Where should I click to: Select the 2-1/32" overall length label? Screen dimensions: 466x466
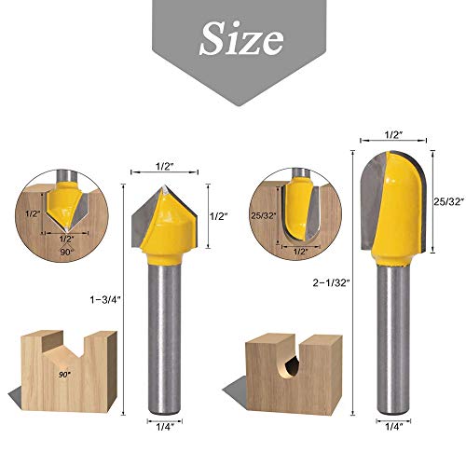point(334,277)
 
